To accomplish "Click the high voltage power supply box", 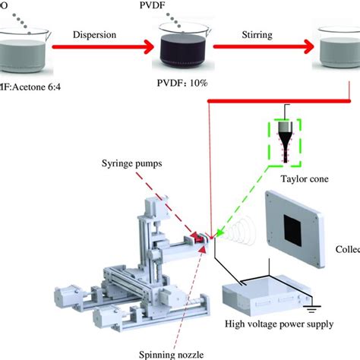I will [266, 292].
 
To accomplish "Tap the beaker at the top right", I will [338, 49].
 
